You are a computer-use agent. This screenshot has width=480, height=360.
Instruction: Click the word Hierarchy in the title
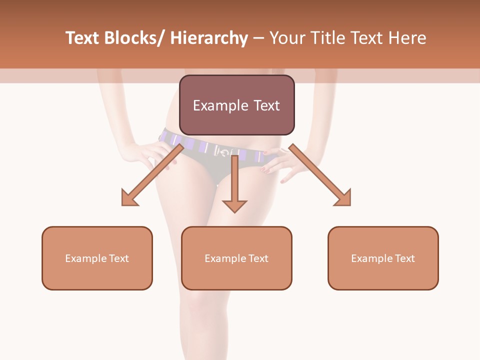coord(209,38)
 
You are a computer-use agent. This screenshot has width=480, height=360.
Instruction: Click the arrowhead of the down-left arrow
coord(129,197)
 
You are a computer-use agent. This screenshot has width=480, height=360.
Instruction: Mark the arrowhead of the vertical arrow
coord(234,205)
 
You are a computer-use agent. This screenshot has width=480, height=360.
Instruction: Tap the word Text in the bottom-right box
coord(405,258)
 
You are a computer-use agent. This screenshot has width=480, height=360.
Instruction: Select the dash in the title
coord(258,38)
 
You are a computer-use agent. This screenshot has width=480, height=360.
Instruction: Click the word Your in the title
coord(286,38)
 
